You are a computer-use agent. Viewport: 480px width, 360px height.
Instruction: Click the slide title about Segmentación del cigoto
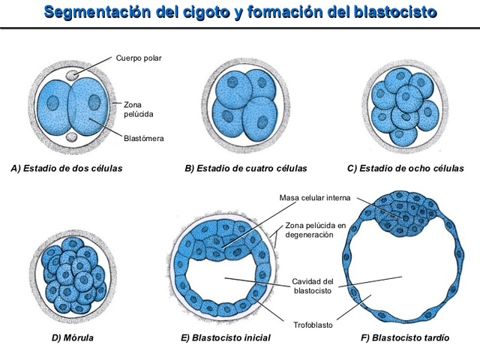240,13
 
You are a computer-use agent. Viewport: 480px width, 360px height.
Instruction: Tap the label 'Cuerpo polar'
139,58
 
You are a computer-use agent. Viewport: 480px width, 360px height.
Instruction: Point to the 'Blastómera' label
144,138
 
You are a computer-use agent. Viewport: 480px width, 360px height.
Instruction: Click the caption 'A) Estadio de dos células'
67,168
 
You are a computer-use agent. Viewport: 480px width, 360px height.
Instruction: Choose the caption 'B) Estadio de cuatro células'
246,168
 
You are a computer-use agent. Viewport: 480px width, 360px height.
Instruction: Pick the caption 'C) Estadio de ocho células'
411,168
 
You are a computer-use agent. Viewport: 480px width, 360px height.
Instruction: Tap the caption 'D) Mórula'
72,338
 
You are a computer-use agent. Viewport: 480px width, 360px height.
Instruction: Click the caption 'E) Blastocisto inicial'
226,338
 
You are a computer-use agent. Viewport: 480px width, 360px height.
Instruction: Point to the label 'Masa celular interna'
315,198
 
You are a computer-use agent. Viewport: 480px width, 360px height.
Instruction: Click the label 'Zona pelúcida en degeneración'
315,229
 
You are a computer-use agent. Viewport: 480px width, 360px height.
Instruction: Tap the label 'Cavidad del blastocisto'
307,286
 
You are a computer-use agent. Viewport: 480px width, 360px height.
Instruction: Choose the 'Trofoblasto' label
313,325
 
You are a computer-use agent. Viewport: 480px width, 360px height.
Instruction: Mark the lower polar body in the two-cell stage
71,136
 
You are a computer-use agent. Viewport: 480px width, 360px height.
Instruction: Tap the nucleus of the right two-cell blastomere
94,102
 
